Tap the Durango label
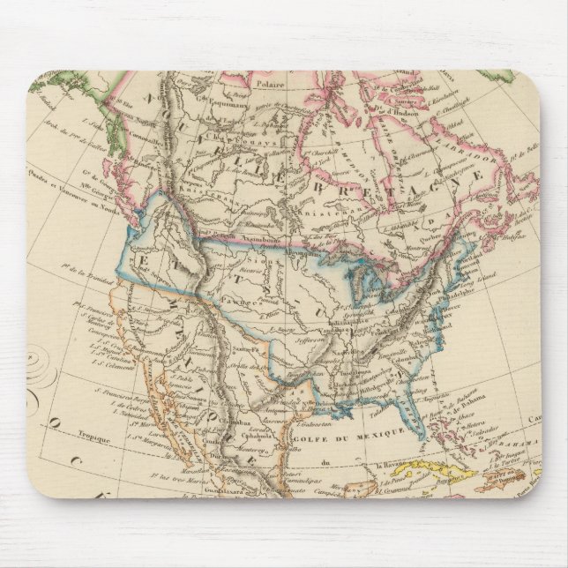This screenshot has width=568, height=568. [212, 437]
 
